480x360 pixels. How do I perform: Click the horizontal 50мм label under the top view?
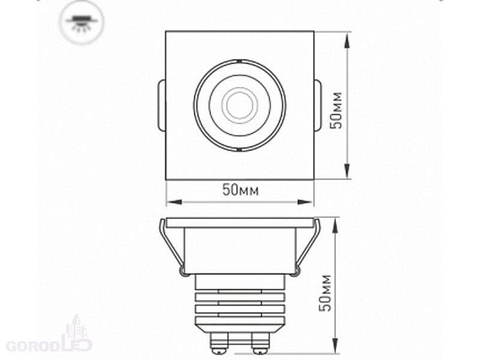(241, 190)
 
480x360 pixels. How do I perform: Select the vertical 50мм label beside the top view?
(337, 110)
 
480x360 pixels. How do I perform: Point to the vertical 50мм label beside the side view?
(325, 293)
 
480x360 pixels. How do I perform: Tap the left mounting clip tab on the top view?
(161, 106)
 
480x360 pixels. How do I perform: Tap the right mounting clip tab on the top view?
(317, 106)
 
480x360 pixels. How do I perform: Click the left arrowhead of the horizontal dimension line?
(174, 202)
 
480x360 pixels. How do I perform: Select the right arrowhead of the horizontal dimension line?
(305, 202)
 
